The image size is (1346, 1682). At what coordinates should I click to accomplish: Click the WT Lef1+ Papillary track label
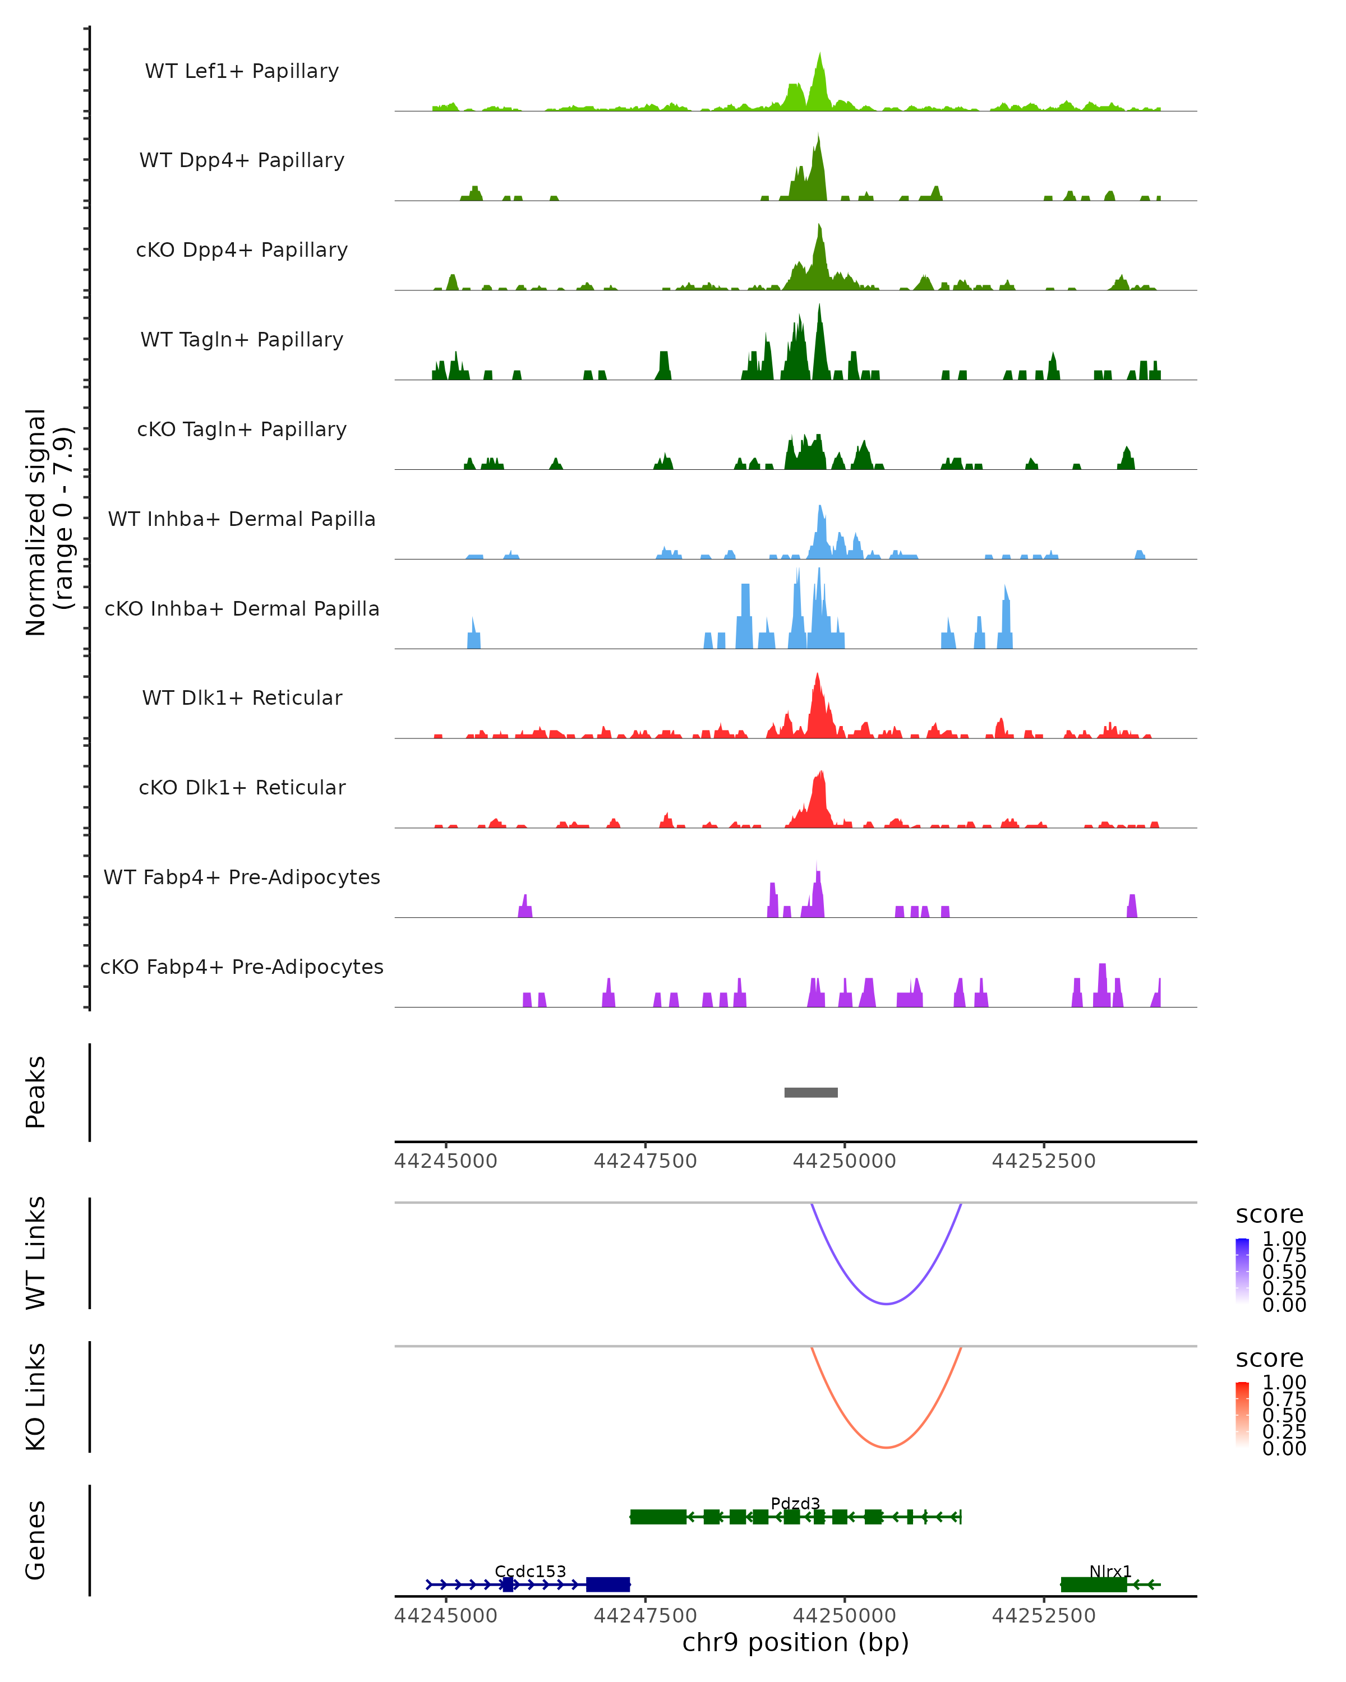coord(242,71)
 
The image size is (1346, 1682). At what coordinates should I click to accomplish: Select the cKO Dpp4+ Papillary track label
coord(242,249)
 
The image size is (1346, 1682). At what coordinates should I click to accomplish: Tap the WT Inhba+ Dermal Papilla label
coord(242,519)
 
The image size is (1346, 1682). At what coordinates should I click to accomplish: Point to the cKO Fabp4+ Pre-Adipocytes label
coord(242,967)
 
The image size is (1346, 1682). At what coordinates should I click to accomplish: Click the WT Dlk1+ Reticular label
coord(242,697)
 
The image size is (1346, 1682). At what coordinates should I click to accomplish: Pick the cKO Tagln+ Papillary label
coord(242,429)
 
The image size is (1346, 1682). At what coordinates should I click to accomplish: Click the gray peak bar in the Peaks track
coord(811,1092)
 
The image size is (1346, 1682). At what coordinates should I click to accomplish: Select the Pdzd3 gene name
coord(795,1503)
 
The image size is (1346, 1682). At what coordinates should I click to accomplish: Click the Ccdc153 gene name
coord(530,1571)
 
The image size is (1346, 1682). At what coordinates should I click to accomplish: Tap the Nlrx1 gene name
coord(1109,1571)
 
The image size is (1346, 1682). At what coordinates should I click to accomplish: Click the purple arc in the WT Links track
coord(887,1303)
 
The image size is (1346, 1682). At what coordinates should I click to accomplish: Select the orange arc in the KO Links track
coord(887,1447)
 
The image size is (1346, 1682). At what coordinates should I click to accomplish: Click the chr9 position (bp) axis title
coord(795,1642)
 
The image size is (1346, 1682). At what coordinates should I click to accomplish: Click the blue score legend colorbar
coord(1242,1271)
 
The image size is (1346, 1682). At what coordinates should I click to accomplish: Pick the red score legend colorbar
coord(1242,1415)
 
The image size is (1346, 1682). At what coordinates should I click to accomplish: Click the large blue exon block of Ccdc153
coord(608,1584)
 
